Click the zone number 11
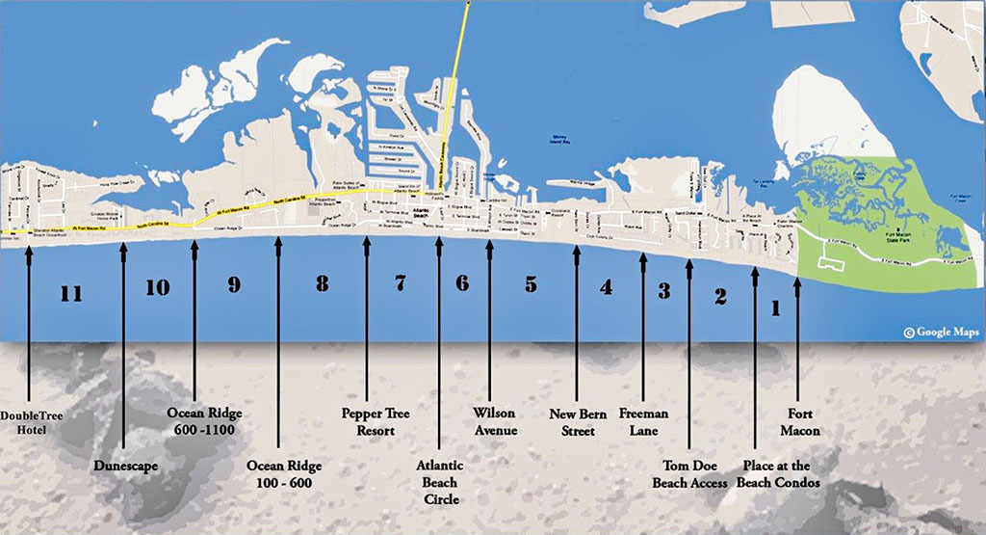coord(70,293)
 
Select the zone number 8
coord(322,283)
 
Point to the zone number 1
coord(775,308)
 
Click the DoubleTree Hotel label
coord(30,423)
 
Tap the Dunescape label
coord(126,467)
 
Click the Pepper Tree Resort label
coord(376,422)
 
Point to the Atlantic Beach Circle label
coord(441,482)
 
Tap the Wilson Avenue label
coord(494,422)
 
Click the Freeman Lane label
coord(643,422)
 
